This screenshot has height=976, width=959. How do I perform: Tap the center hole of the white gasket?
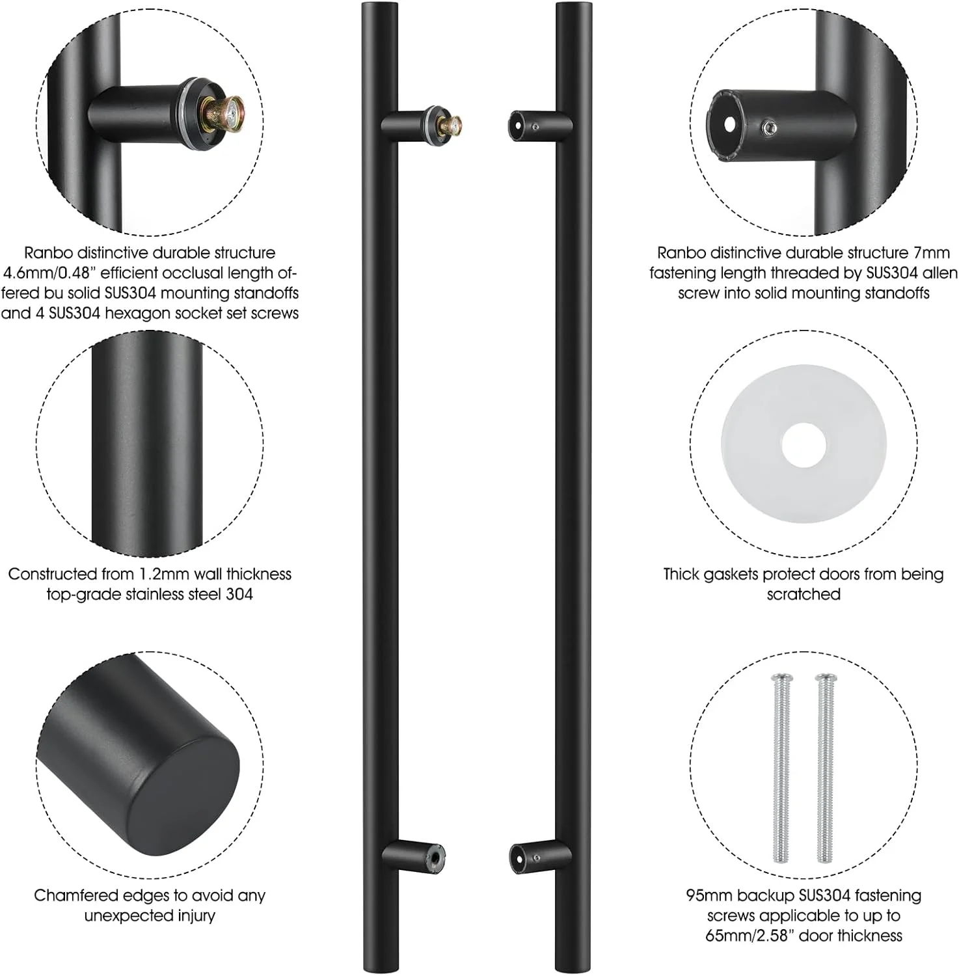pyautogui.click(x=804, y=446)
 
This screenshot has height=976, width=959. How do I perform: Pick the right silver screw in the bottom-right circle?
pyautogui.click(x=826, y=768)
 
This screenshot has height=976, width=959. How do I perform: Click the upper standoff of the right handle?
pyautogui.click(x=540, y=125)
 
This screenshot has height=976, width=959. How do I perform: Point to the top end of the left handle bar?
pyautogui.click(x=380, y=5)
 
